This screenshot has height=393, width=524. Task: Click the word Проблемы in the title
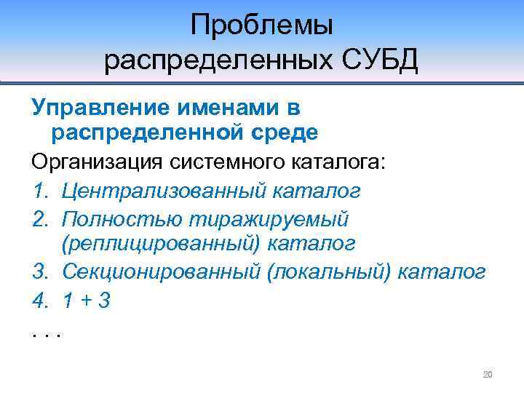[x=261, y=26]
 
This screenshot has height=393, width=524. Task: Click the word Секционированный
[x=160, y=272]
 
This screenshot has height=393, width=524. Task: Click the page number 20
[x=488, y=375]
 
